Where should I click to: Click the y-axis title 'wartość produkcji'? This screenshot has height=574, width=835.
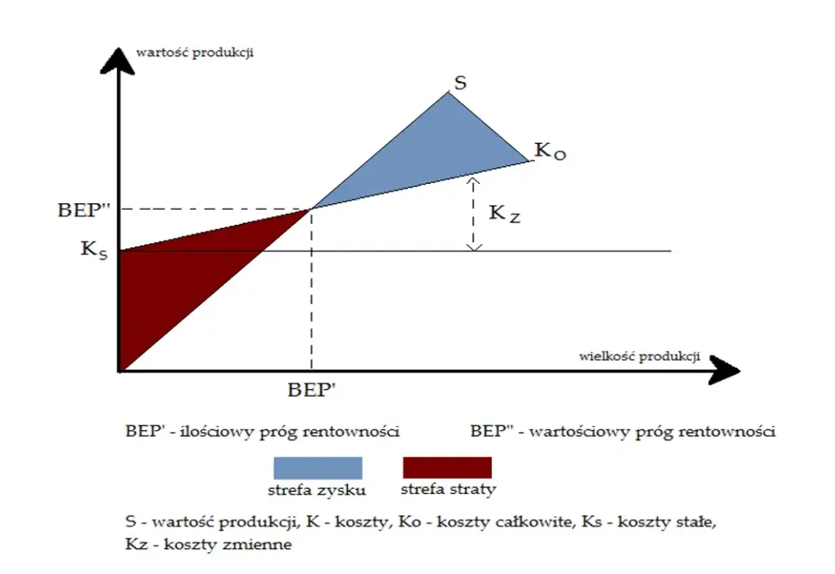point(195,53)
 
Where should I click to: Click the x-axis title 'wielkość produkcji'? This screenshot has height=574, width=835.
point(639,356)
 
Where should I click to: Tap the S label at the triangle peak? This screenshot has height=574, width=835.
point(460,83)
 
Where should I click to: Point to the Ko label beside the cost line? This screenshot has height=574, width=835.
point(550,151)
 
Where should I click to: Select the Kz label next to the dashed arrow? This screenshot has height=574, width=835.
point(504,213)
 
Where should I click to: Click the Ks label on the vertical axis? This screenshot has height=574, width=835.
point(94,250)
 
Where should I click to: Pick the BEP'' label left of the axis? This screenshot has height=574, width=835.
point(83,210)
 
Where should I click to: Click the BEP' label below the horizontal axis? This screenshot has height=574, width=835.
point(311,390)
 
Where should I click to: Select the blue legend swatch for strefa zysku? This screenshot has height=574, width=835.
point(318,468)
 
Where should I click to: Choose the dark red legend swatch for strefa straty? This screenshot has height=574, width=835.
point(448,467)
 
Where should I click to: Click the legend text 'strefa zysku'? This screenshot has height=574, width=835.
point(316,490)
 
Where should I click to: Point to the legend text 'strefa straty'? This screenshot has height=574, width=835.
point(448,489)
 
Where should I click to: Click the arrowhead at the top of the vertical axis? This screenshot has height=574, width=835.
point(118,60)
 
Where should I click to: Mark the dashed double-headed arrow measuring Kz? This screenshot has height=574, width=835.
point(473,214)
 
